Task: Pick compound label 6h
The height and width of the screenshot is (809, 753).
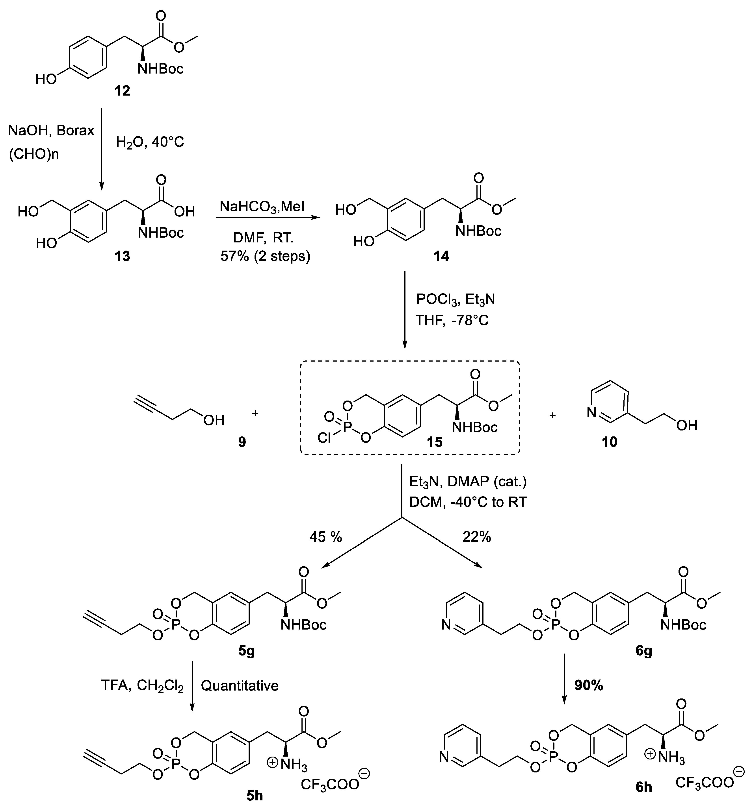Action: coord(643,798)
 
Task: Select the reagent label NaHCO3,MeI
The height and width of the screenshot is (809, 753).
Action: coord(262,207)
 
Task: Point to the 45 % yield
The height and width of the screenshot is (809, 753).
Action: coord(325,537)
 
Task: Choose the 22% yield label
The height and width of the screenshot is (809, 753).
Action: coord(476,537)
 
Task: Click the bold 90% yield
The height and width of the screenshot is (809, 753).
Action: coord(588,686)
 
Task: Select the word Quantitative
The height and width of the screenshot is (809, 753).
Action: coord(240,686)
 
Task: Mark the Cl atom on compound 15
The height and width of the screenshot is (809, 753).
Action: coord(324,438)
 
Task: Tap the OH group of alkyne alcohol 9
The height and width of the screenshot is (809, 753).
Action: coord(213,420)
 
